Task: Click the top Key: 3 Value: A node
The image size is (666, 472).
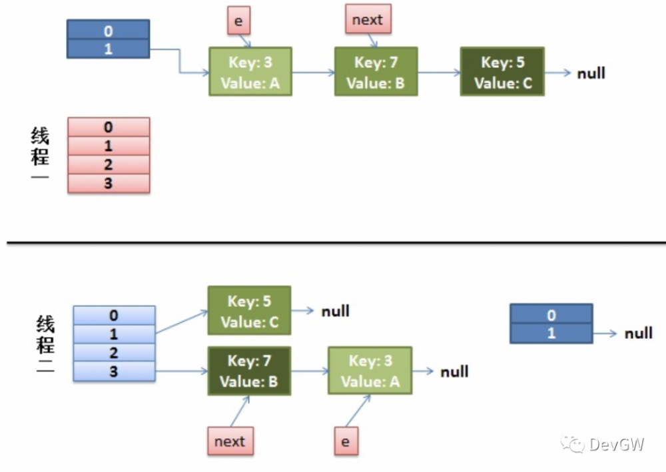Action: (x=250, y=71)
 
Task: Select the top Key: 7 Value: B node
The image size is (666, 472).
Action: (x=376, y=71)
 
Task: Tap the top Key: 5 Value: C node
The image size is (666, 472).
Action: (x=502, y=71)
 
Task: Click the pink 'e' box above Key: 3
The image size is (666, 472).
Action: (x=238, y=21)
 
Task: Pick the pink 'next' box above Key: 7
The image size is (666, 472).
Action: (x=368, y=20)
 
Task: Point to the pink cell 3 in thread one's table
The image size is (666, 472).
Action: (x=109, y=184)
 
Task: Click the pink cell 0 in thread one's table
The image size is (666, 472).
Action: (x=109, y=127)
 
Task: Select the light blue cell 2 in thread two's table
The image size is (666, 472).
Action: (x=114, y=352)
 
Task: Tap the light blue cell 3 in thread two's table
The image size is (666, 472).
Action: (x=114, y=371)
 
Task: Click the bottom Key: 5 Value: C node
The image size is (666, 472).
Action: (x=250, y=310)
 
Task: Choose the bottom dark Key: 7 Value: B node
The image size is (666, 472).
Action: (x=249, y=371)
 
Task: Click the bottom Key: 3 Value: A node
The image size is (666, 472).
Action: (x=370, y=371)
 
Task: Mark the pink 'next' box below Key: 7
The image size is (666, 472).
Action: (x=230, y=441)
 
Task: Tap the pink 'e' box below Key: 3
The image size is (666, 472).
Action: (x=346, y=441)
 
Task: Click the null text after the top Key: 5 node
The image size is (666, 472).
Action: (x=591, y=73)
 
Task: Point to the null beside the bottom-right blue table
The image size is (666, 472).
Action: (x=638, y=333)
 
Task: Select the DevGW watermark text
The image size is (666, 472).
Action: (x=616, y=444)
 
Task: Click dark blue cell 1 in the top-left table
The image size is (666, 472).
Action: (x=109, y=49)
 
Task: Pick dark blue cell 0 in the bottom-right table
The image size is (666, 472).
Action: (x=551, y=314)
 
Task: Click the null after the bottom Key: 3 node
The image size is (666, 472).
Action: (x=454, y=371)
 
